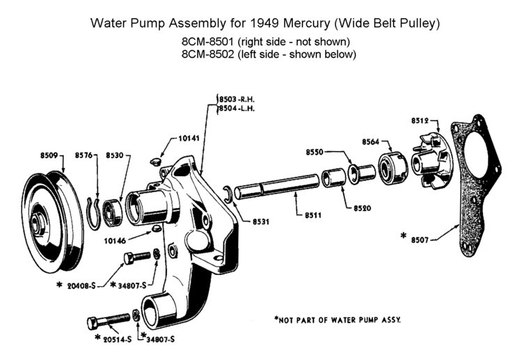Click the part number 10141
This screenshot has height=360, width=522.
coord(188,139)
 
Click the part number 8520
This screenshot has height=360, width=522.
coord(362,208)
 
